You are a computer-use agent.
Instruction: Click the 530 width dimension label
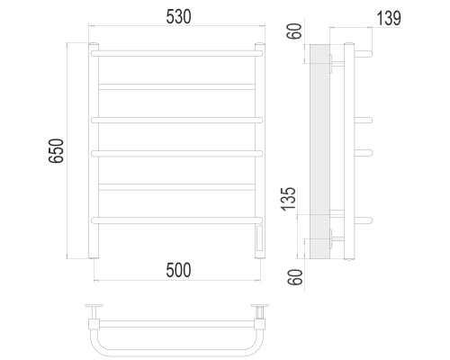click(x=178, y=17)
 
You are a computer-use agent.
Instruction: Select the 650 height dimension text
click(x=56, y=150)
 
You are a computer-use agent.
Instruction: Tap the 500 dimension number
click(x=178, y=270)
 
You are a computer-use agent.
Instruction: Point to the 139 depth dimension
click(x=389, y=18)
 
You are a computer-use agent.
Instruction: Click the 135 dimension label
click(x=289, y=199)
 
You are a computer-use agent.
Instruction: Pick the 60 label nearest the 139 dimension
click(x=294, y=31)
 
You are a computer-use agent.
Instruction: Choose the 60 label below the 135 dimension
click(x=295, y=277)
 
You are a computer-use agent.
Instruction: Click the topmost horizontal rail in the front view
click(x=177, y=54)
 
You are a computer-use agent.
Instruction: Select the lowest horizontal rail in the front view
click(x=177, y=220)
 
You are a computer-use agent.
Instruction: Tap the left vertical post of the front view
click(x=94, y=151)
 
